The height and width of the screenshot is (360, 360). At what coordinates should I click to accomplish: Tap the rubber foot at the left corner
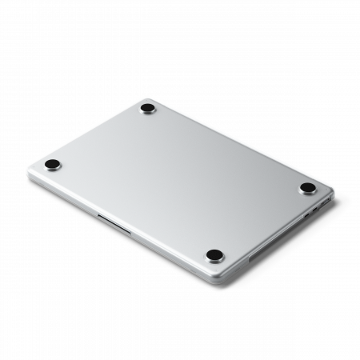(x=51, y=165)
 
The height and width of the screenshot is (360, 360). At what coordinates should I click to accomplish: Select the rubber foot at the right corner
(x=307, y=188)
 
